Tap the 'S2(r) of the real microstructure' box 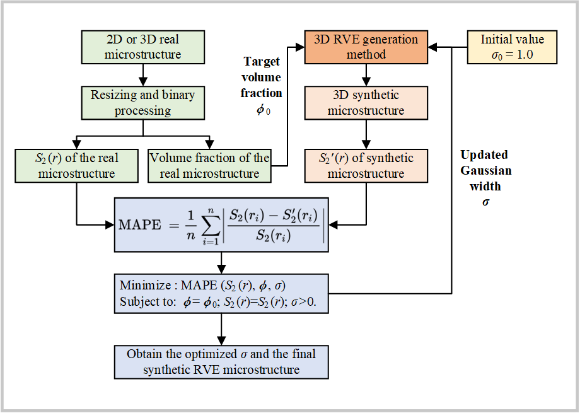click(x=76, y=165)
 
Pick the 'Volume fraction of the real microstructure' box click(x=209, y=165)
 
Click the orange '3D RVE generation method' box click(x=366, y=47)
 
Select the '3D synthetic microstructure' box click(x=366, y=103)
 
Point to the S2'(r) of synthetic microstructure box click(x=366, y=165)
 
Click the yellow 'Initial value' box click(x=512, y=47)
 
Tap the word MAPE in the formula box click(x=139, y=225)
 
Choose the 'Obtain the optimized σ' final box click(x=221, y=361)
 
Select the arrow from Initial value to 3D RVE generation click(x=448, y=47)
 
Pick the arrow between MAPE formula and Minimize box click(x=221, y=263)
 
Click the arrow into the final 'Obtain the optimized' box click(x=221, y=329)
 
